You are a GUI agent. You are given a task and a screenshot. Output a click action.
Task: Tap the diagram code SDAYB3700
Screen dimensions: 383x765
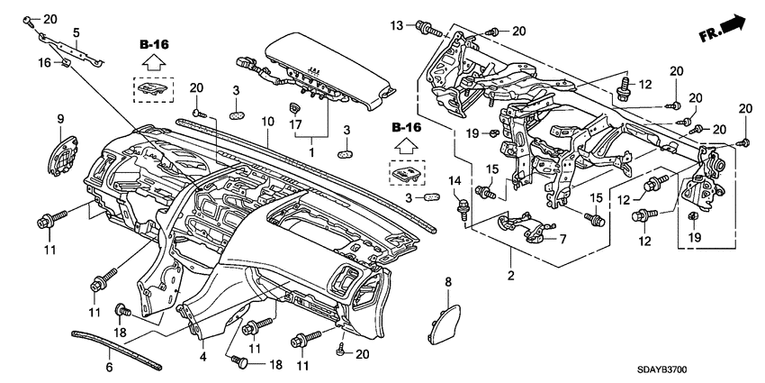[709, 370]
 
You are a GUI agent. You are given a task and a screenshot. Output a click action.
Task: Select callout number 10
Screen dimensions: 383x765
[267, 121]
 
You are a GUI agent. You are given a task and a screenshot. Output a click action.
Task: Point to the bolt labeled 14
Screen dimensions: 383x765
[462, 209]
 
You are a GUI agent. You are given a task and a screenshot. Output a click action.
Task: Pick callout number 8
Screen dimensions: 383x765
[447, 284]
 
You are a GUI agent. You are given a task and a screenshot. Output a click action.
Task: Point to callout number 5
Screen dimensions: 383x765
[77, 32]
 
